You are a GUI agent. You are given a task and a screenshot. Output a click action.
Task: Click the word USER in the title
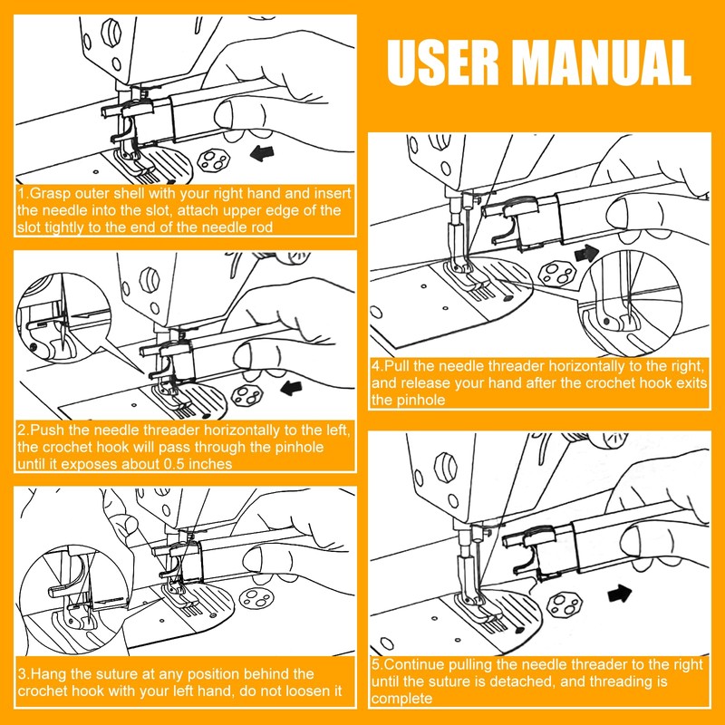click(x=443, y=63)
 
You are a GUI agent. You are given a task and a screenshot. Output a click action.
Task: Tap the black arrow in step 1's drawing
click(x=262, y=153)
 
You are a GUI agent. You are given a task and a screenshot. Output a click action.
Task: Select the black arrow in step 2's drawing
click(x=292, y=388)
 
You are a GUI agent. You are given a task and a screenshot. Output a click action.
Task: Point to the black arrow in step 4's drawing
click(x=586, y=254)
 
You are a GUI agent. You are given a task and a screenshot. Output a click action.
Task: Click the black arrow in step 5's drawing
click(x=620, y=594)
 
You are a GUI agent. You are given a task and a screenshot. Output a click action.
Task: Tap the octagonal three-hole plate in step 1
click(x=214, y=160)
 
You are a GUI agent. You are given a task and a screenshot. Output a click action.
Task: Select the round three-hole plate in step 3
click(x=256, y=598)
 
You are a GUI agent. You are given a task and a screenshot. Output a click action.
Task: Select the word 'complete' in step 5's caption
click(x=401, y=698)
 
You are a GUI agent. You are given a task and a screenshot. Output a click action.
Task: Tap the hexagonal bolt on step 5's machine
click(x=446, y=468)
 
